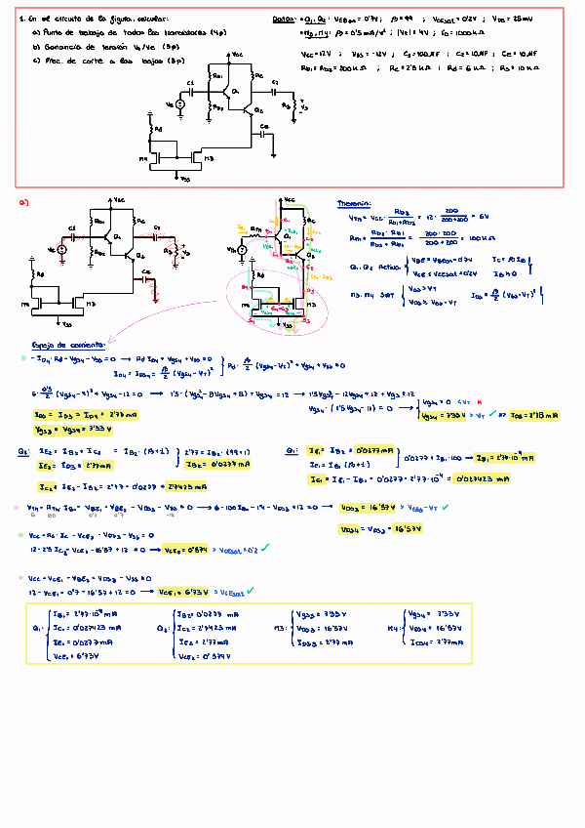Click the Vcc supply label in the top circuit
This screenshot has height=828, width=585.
239,57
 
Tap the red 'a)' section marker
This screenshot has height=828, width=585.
24,202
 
